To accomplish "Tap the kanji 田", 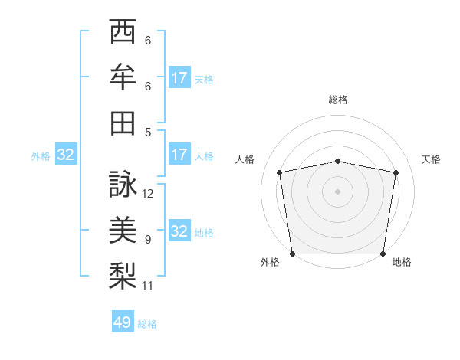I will (x=123, y=123).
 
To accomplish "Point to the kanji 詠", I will (x=123, y=185).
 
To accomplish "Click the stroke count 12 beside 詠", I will (x=148, y=194).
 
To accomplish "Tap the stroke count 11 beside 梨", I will (x=148, y=286).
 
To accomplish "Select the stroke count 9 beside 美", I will (x=148, y=240).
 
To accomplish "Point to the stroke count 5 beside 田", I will (x=148, y=132).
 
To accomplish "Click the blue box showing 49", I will (x=123, y=322).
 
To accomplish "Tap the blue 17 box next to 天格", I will (x=179, y=77).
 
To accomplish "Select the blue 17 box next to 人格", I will (x=179, y=155).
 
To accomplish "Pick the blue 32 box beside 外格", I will (x=66, y=155).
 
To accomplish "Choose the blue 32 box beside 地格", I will (x=179, y=231).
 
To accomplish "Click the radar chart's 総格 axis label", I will (x=338, y=100).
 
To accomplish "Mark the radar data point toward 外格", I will (x=292, y=254).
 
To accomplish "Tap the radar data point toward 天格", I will (x=396, y=172).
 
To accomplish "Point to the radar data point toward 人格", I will (x=280, y=172).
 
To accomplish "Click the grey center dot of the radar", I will (x=338, y=191).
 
